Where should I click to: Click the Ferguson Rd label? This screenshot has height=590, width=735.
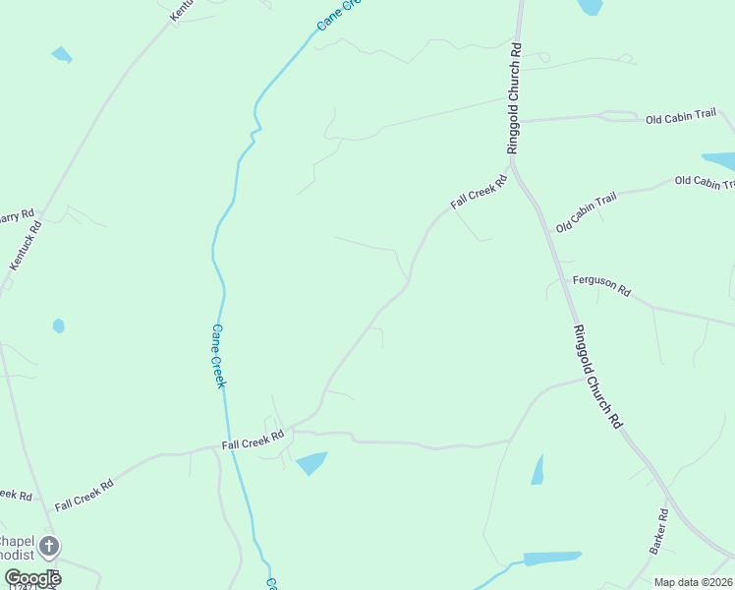click(601, 286)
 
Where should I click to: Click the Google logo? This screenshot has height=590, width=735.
click(31, 578)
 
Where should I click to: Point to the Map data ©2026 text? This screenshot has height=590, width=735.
click(692, 582)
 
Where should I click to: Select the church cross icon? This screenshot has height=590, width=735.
click(48, 546)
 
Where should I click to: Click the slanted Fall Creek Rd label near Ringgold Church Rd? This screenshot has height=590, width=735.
click(479, 192)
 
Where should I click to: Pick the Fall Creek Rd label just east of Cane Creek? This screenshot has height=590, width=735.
click(253, 440)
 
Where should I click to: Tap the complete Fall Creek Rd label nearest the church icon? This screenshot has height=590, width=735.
click(85, 495)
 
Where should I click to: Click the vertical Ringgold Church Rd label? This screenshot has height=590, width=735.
click(513, 97)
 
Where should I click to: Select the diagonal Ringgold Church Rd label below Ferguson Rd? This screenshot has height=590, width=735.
click(597, 376)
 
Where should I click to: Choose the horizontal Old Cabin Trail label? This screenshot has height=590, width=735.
click(681, 119)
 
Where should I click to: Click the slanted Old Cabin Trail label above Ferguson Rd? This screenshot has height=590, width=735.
click(586, 212)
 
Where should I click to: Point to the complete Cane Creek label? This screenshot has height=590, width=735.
click(218, 356)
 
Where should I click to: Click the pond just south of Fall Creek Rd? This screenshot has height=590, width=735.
click(311, 462)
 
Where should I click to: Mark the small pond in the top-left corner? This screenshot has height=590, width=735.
click(62, 55)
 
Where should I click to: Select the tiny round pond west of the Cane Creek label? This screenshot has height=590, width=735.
click(58, 325)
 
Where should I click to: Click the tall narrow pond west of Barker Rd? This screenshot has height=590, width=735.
click(537, 470)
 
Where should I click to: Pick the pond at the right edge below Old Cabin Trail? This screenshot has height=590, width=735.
click(719, 159)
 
